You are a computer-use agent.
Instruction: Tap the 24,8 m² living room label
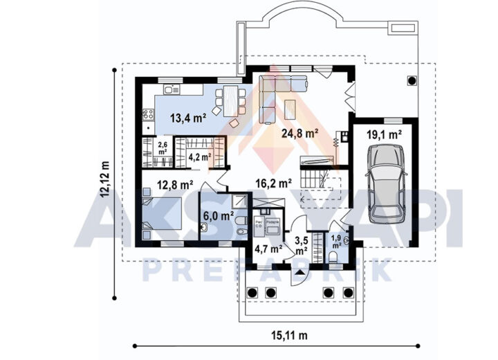pos(299,133)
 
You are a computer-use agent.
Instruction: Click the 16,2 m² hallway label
pos(274,184)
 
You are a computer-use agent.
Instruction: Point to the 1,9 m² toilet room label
pos(336,242)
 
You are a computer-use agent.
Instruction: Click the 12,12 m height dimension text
pos(105,180)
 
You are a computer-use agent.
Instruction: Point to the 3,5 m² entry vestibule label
pos(302,245)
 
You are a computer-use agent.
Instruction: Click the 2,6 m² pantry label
pos(163,147)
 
